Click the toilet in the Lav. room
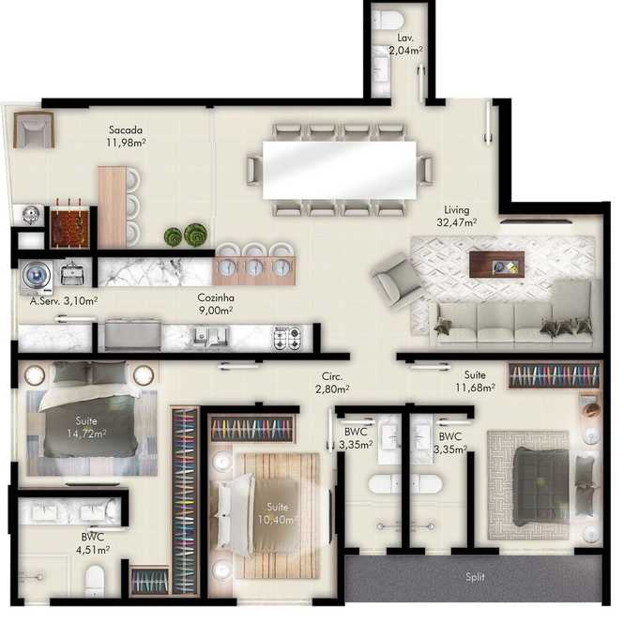pos(388,20)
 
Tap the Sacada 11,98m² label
pos(126,136)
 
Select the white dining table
pos(339,170)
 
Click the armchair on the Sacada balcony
pos(34,129)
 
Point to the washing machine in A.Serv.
pos(37,275)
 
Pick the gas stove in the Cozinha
pos(287,338)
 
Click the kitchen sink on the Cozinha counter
pos(210,338)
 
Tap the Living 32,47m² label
pos(456,216)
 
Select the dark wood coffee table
pos(496,265)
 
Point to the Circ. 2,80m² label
pos(332,383)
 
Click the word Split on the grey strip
pos(475,577)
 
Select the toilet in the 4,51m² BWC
pos(95,581)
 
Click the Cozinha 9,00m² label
pos(216,304)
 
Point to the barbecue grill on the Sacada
pos(69,227)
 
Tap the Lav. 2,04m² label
pos(405,44)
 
